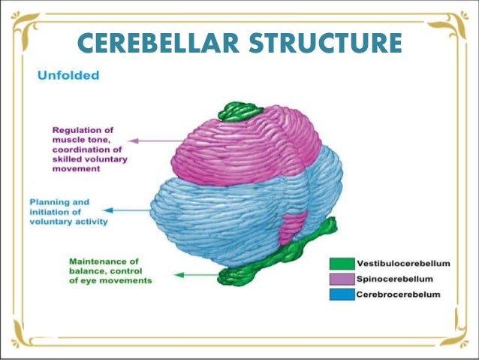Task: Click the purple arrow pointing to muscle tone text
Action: [x=150, y=140]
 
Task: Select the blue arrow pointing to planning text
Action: [x=128, y=211]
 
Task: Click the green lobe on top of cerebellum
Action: [x=239, y=112]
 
